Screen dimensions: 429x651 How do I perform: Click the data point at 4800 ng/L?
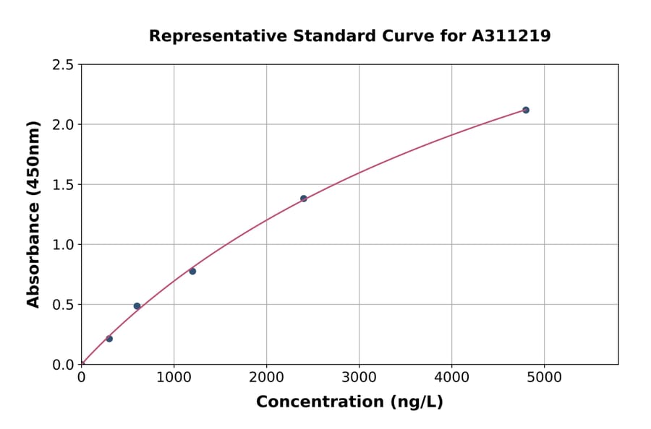pos(526,110)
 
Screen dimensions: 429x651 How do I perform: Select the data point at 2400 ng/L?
pos(304,199)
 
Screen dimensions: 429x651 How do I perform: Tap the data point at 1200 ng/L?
pos(192,271)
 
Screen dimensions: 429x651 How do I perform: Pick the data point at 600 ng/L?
pos(137,306)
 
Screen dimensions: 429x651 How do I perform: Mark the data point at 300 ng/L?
pos(109,339)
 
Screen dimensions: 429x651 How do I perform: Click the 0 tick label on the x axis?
pos(81,376)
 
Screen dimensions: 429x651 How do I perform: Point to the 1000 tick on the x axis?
pos(174,376)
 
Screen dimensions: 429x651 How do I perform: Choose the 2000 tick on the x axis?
pos(266,376)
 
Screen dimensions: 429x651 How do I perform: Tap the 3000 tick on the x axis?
pos(359,376)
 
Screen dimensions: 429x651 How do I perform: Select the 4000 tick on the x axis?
pos(451,376)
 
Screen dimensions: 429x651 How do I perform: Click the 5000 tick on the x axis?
pos(544,376)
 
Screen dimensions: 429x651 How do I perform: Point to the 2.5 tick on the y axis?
pos(63,64)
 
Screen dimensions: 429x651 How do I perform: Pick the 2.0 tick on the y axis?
pos(63,124)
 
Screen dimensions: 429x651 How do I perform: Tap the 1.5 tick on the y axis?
pos(63,184)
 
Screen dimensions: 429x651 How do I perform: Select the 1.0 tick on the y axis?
pos(63,244)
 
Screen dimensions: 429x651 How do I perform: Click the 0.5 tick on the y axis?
pos(63,304)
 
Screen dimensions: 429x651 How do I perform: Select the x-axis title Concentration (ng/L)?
pos(349,402)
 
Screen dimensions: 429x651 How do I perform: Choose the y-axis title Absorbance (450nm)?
pos(33,214)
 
